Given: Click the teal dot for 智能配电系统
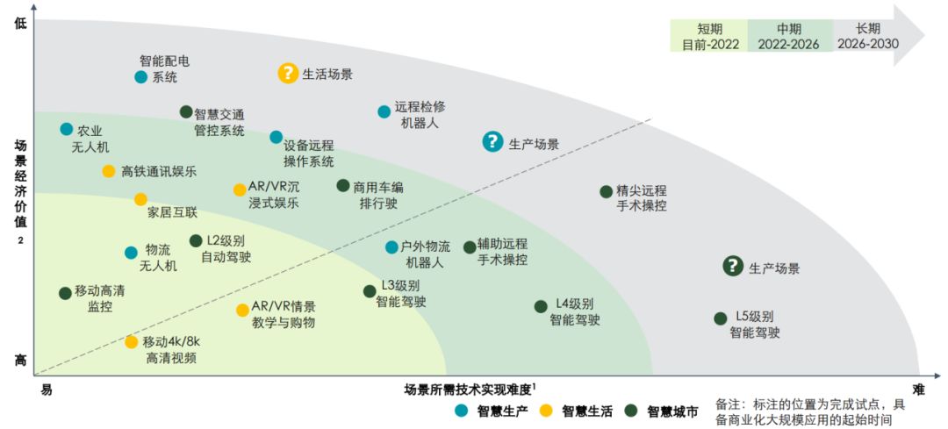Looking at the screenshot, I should (x=140, y=77).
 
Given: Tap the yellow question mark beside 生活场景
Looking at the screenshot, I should (x=288, y=74).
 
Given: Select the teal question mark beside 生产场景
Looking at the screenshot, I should (x=492, y=142).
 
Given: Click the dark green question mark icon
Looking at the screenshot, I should (x=733, y=267).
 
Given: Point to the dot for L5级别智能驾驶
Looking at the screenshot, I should (x=721, y=318).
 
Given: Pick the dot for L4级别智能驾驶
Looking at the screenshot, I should (x=541, y=306).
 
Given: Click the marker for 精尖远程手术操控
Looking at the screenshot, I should (x=606, y=191).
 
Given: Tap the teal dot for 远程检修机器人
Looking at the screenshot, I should (x=384, y=111).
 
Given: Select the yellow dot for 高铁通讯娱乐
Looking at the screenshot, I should (x=108, y=171).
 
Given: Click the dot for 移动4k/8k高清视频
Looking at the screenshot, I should (x=131, y=341).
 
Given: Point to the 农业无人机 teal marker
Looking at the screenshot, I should (x=66, y=129).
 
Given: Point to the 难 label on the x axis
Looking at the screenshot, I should (x=918, y=390).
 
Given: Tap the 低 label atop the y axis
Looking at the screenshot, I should (x=20, y=24).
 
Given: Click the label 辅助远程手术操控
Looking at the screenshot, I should (x=502, y=252).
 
